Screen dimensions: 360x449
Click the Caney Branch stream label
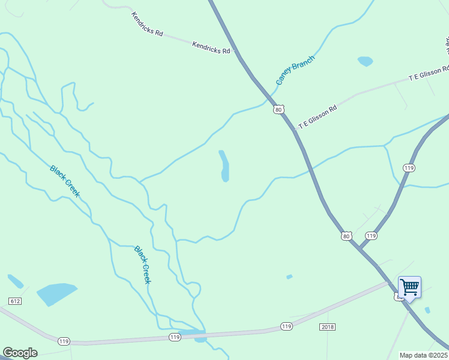(295, 70)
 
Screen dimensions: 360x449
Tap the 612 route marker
(16, 301)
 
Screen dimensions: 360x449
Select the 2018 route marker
(327, 327)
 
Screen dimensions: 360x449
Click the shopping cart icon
(409, 287)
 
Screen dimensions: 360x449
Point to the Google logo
(20, 353)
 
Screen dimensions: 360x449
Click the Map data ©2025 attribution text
(424, 355)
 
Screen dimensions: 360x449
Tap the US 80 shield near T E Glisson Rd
(277, 109)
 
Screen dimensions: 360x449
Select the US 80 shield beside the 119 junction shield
(346, 236)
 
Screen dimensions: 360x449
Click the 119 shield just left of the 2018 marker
(286, 326)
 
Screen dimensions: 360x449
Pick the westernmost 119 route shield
(64, 341)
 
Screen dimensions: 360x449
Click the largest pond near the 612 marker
(56, 294)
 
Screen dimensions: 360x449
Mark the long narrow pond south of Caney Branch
(224, 166)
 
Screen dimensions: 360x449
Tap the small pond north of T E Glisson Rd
(365, 61)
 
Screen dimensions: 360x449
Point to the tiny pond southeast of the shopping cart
(427, 310)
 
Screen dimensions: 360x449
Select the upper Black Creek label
(65, 181)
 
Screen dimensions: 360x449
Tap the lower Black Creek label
(143, 265)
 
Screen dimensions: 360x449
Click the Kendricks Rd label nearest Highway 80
(211, 48)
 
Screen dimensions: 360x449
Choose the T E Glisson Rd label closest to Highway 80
(318, 116)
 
